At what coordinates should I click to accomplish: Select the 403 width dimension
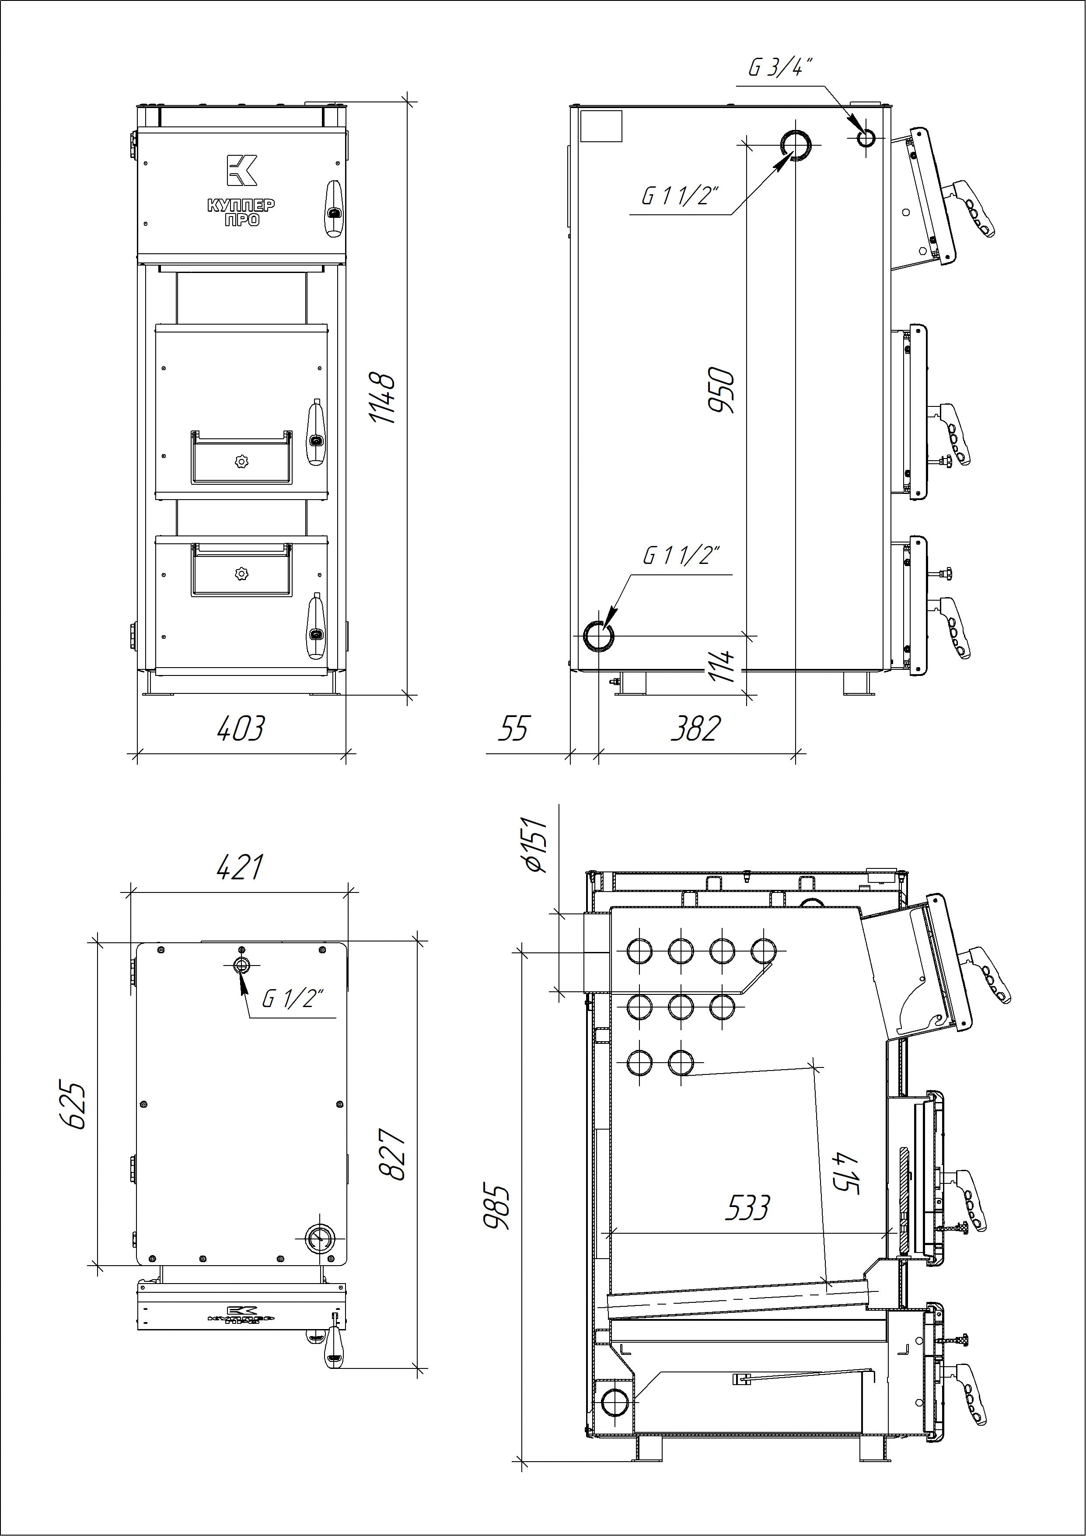tap(241, 728)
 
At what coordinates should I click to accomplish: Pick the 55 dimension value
tap(513, 728)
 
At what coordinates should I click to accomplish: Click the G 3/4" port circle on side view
tap(865, 139)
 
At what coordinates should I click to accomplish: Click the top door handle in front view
tap(333, 208)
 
